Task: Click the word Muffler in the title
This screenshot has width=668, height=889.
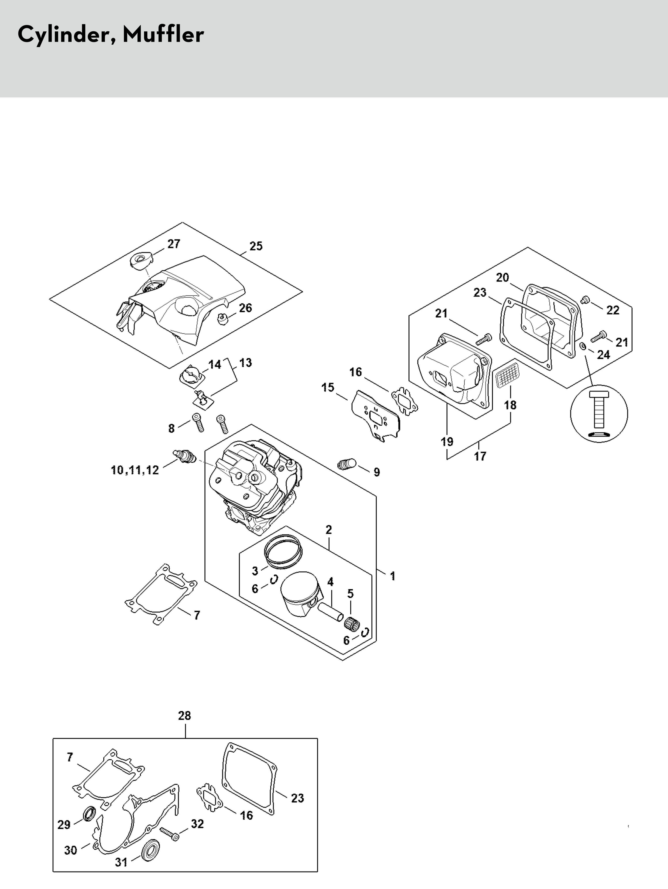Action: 163,34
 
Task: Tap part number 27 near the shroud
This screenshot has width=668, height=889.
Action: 174,244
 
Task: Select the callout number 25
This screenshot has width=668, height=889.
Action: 256,246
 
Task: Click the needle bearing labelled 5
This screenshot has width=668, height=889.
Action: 352,623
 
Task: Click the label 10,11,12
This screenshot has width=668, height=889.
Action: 135,470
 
